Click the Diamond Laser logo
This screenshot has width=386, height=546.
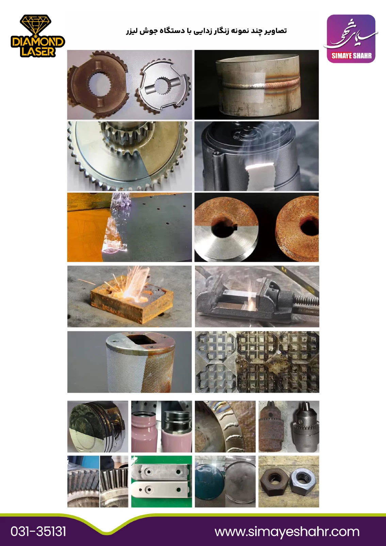click(38, 36)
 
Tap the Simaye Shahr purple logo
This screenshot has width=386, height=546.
click(351, 39)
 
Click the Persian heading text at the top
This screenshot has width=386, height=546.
click(206, 31)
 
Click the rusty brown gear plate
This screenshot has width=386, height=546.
click(98, 84)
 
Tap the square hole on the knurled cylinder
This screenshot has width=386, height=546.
click(142, 339)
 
